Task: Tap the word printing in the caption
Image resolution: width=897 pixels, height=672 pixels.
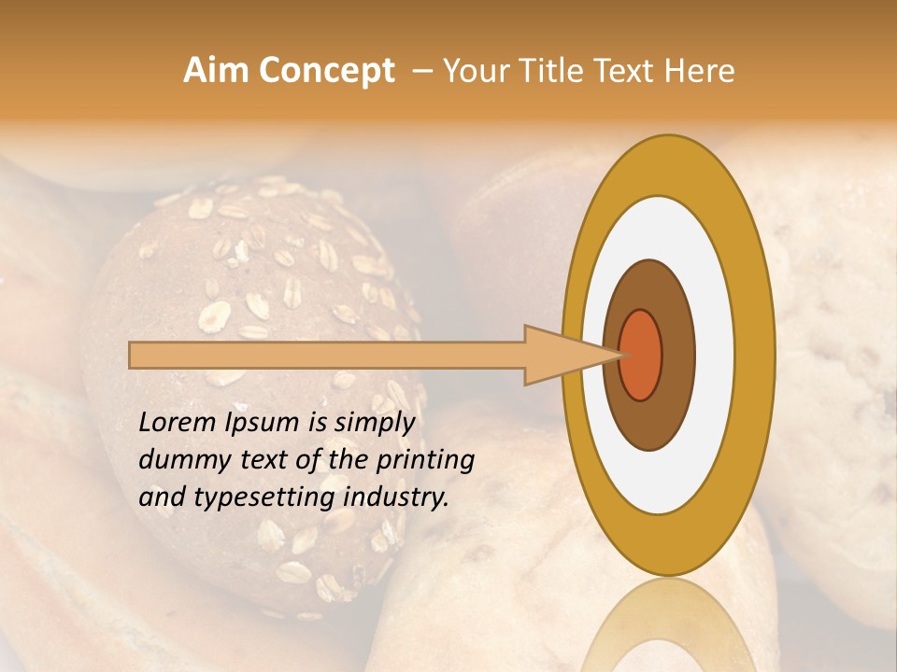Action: click(425, 460)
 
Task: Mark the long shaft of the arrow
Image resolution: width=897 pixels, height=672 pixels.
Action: click(327, 355)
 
